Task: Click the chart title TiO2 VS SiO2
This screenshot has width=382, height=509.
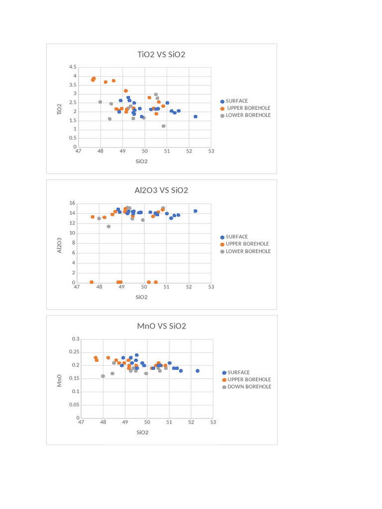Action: click(161, 54)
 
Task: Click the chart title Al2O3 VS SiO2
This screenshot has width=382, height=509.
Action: click(161, 190)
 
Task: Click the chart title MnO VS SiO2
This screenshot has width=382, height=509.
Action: click(161, 326)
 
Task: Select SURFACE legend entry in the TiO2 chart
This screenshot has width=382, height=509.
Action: click(236, 101)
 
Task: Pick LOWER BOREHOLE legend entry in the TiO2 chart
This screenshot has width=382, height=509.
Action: click(248, 115)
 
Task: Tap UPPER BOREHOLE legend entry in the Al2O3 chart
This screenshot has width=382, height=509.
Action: click(247, 244)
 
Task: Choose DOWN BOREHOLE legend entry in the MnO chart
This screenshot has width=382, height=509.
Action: click(249, 386)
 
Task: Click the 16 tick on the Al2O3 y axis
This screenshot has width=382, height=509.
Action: click(72, 203)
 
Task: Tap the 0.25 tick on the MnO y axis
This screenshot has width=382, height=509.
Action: click(75, 352)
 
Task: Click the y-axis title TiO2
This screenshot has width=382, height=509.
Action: click(59, 109)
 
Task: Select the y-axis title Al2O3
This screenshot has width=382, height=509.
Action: click(59, 245)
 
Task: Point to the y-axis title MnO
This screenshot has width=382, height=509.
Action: click(59, 380)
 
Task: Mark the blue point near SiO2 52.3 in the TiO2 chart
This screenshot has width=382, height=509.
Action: click(195, 116)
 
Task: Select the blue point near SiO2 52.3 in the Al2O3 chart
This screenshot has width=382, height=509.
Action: click(195, 211)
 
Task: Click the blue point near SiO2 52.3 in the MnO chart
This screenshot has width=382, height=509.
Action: click(197, 371)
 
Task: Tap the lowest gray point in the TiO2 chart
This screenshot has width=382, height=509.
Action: click(164, 126)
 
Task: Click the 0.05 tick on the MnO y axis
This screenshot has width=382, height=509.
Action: click(75, 405)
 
